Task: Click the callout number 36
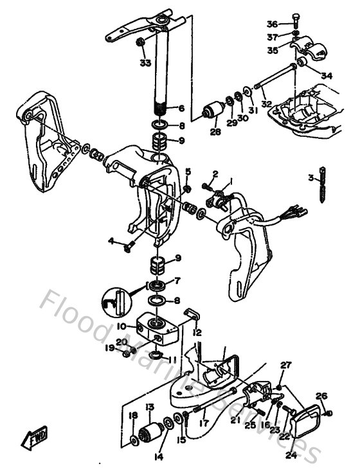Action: pyautogui.click(x=273, y=24)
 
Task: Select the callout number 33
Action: pyautogui.click(x=145, y=62)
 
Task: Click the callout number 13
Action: pyautogui.click(x=149, y=407)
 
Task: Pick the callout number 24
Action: pyautogui.click(x=291, y=456)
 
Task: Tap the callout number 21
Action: pyautogui.click(x=236, y=420)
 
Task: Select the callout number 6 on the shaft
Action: pyautogui.click(x=181, y=109)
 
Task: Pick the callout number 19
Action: pyautogui.click(x=111, y=348)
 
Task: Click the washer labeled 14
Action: pyautogui.click(x=167, y=423)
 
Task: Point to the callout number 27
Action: pyautogui.click(x=285, y=365)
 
